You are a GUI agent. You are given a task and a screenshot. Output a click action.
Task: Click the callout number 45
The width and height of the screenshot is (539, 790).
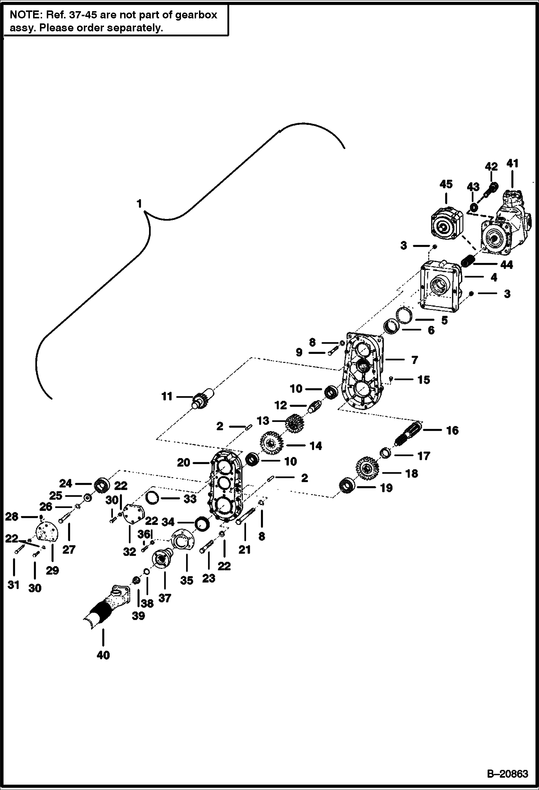[446, 184]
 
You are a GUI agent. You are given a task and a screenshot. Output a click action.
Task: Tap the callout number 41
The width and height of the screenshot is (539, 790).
[512, 163]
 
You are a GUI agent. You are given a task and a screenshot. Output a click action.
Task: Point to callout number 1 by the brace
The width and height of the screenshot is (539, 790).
[139, 204]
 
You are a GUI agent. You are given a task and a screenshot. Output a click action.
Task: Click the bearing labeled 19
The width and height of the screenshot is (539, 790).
[348, 487]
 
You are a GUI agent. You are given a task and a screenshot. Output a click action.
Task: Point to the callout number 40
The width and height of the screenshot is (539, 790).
[103, 655]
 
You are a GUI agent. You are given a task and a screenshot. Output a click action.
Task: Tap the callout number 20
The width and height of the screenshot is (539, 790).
[183, 462]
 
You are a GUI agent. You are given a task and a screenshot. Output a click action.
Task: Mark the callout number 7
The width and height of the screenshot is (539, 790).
[415, 360]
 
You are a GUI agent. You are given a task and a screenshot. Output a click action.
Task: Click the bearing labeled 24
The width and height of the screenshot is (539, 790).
[102, 485]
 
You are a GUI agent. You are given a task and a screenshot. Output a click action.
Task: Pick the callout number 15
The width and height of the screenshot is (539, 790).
[424, 380]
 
